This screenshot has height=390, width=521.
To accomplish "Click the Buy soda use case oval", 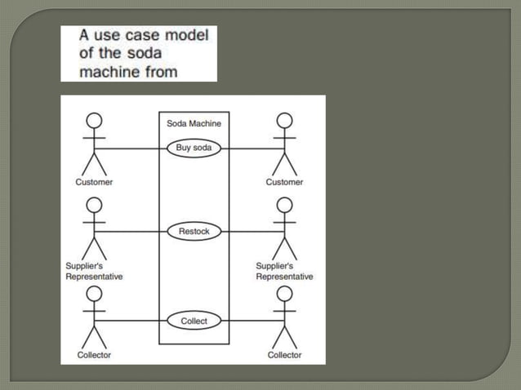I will [194, 148].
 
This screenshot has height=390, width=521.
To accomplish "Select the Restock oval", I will [194, 232].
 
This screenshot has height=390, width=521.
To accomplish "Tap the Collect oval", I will [194, 321].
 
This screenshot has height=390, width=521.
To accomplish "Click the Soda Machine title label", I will [194, 123].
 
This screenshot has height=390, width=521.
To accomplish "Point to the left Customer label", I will [94, 182].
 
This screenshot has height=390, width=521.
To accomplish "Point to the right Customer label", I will [284, 182].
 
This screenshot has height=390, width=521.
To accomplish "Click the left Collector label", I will [94, 355].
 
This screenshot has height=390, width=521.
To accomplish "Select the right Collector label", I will [284, 355].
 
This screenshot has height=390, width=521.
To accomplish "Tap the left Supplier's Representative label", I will [94, 271].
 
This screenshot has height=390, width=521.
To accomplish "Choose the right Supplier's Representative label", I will [284, 271].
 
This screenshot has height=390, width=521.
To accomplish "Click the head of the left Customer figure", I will [95, 121].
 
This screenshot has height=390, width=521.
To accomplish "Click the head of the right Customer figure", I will [284, 121].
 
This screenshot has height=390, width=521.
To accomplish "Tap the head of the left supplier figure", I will [95, 205].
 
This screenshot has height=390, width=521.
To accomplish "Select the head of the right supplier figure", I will [284, 205].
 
